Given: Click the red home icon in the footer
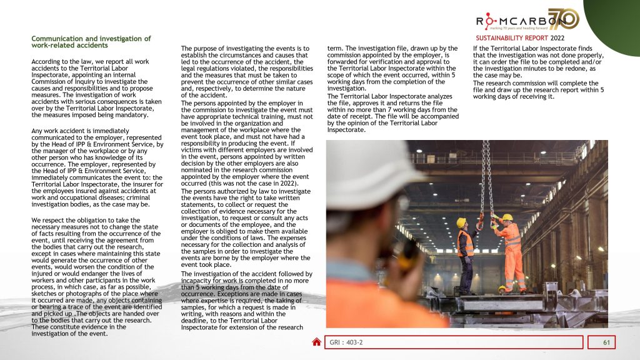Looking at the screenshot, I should pos(317,342).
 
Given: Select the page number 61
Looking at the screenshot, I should pos(606,342).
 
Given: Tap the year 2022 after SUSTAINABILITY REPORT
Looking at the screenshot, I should pos(561,38).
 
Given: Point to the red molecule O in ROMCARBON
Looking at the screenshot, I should pos(491,21).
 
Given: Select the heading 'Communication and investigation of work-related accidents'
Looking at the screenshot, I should pos(91,42).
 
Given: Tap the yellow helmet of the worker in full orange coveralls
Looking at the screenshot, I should pos(507,217).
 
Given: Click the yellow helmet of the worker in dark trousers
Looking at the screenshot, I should pos(461,222).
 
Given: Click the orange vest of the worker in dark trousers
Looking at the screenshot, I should pos(465,242).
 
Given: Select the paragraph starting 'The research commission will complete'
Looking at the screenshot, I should pos(538,90).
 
